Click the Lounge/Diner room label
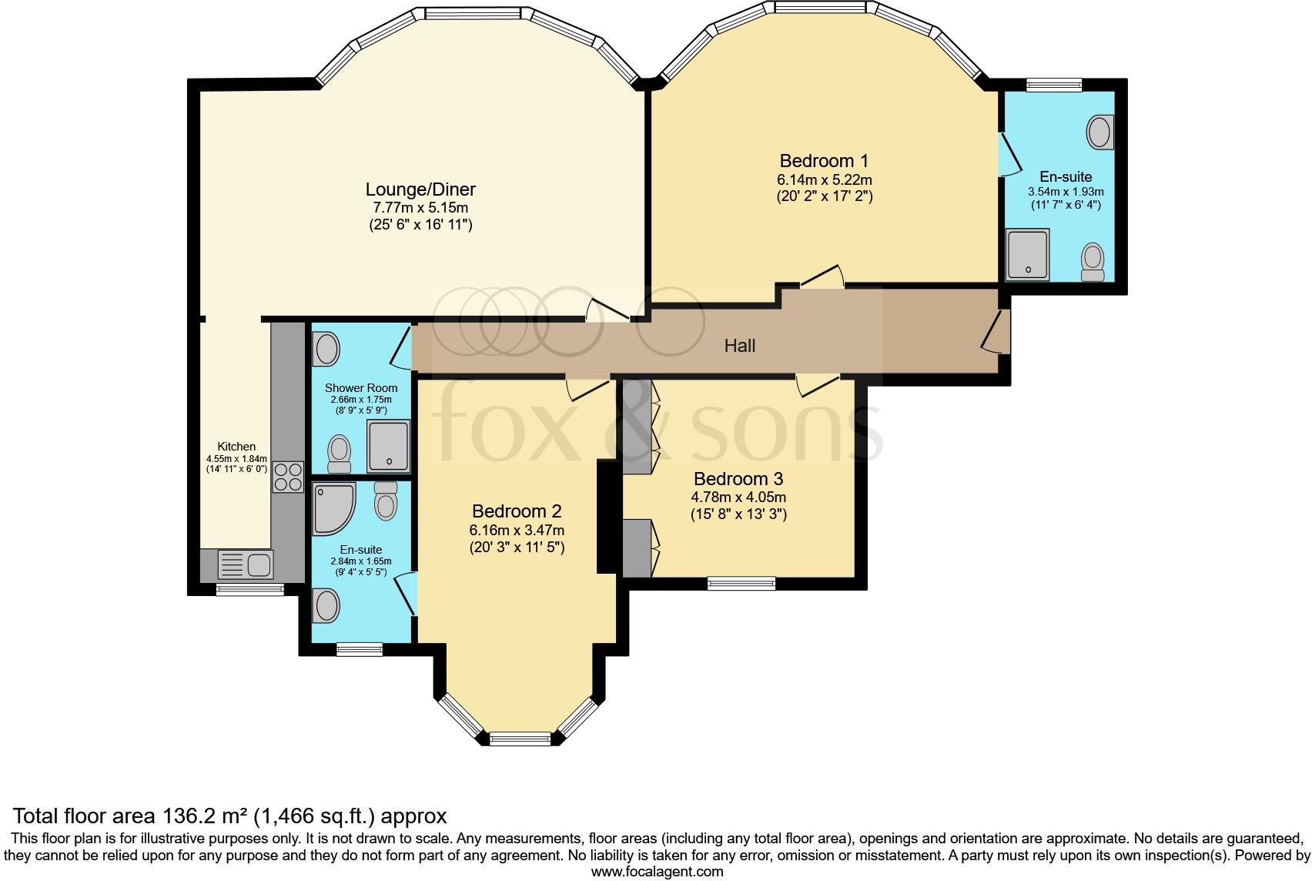420,189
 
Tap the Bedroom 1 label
824,161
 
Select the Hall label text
739,346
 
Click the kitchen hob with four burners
288,476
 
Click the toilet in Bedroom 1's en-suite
1093,263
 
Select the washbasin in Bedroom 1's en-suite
1099,132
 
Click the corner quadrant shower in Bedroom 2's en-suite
333,508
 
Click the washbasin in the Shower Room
326,350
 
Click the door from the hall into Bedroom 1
822,277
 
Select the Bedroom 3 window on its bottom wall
741,584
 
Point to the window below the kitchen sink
249,590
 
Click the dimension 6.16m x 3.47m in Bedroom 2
516,531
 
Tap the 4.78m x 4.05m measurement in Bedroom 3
738,497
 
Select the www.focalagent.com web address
657,872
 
